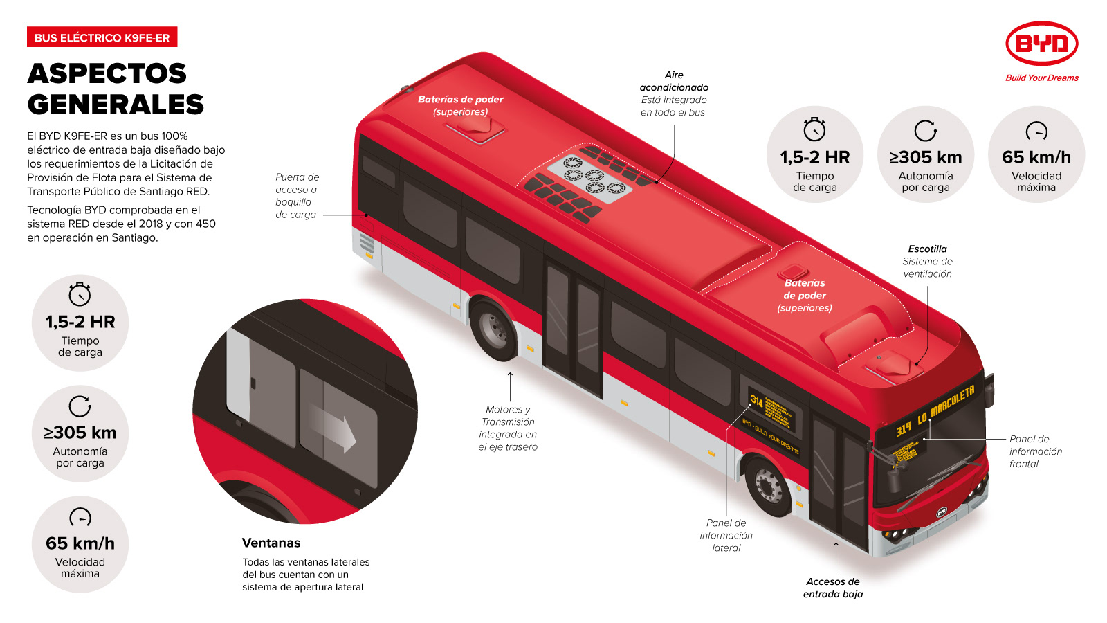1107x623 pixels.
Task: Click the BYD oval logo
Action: [1041, 44]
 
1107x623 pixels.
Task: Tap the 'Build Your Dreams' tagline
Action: [1041, 78]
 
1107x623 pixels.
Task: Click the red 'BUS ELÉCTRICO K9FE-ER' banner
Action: [102, 37]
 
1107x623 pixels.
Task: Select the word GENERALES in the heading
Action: [116, 105]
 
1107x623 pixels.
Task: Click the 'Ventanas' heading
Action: [271, 543]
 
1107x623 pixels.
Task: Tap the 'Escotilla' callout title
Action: [927, 249]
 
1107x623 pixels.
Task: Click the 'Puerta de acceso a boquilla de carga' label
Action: [297, 196]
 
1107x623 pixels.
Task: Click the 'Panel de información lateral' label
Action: [726, 535]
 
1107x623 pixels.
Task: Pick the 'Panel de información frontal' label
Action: [1035, 451]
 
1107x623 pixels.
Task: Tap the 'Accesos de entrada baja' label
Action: [833, 588]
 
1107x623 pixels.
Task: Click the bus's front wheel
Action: [768, 485]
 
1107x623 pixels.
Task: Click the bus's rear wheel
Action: [493, 329]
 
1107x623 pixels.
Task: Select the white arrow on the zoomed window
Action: [336, 426]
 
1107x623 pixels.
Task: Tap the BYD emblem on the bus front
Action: [941, 512]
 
